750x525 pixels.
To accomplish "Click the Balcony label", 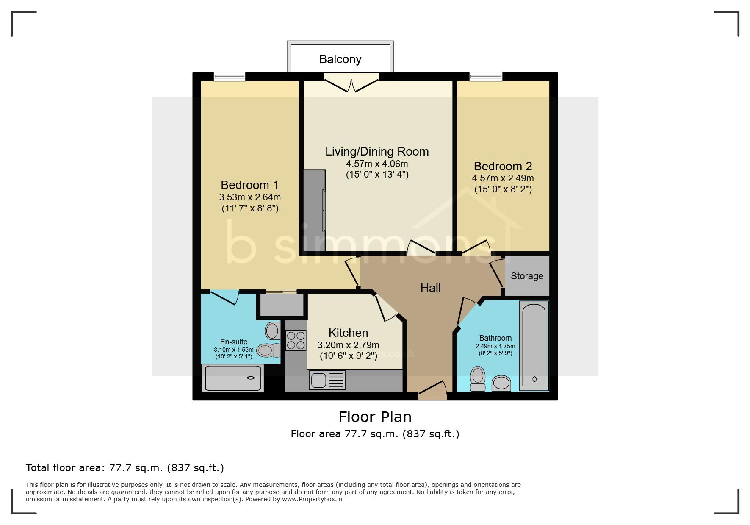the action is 340,59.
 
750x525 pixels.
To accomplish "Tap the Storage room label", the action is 527,276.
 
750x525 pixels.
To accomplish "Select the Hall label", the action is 430,288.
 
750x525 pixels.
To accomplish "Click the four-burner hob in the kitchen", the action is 296,341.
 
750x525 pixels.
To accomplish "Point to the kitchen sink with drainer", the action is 327,380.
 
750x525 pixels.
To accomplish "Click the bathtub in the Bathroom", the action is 534,345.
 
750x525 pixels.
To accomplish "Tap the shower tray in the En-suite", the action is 232,378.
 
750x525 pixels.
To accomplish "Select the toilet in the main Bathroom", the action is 478,379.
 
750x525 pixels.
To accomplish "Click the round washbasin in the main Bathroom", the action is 501,383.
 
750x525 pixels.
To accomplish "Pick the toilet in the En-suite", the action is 268,350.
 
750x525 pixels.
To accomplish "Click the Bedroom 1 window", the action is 230,77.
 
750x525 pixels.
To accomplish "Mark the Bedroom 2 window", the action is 486,77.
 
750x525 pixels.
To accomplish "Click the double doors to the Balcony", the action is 351,82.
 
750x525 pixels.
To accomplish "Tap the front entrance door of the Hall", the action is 432,390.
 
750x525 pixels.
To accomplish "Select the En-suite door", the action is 224,297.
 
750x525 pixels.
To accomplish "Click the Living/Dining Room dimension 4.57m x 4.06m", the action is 377,164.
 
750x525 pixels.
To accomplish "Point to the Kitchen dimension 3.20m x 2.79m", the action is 348,345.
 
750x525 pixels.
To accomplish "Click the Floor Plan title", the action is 375,417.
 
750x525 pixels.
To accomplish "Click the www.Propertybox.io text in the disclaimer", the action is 312,499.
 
